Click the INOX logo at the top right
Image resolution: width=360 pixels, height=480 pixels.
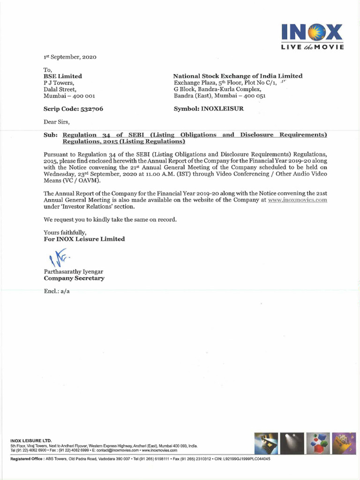click(x=312, y=33)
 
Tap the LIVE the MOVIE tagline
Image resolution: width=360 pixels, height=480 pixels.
click(x=313, y=47)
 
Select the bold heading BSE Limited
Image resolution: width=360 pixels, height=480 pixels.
click(x=63, y=76)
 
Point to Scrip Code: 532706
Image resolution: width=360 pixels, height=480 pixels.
click(x=73, y=109)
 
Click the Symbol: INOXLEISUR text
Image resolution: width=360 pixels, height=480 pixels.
click(x=209, y=109)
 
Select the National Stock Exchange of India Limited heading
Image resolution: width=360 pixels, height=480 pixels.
click(x=238, y=76)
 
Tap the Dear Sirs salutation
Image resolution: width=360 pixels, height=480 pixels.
click(x=56, y=122)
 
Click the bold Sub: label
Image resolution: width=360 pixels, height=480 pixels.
click(x=51, y=135)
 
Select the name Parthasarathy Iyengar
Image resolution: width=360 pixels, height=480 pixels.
click(x=73, y=271)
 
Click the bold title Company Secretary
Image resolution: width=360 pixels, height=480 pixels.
click(x=74, y=278)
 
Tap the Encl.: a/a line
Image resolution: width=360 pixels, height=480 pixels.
click(x=57, y=291)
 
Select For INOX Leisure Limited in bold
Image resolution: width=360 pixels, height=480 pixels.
click(x=84, y=239)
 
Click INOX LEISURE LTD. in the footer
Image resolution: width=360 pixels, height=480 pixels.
click(x=31, y=441)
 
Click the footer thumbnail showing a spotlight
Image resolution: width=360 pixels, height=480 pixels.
click(x=293, y=443)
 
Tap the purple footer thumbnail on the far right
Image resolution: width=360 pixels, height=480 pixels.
click(x=344, y=443)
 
